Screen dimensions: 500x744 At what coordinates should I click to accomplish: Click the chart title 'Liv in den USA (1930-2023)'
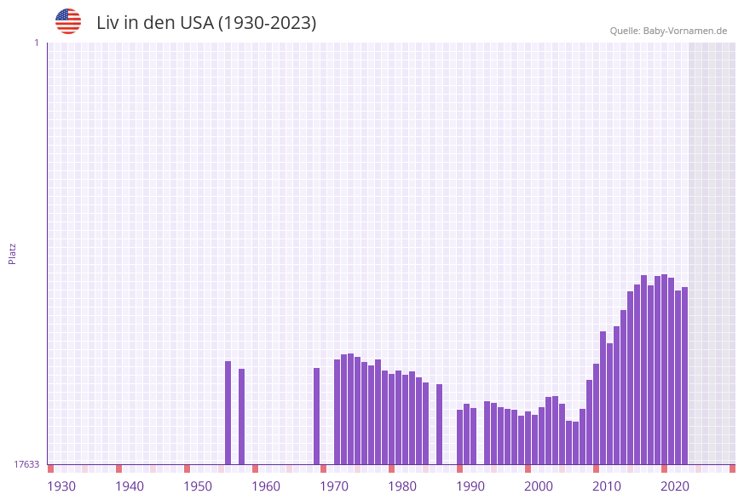(206, 23)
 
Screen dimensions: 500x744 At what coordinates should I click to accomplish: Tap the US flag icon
(68, 21)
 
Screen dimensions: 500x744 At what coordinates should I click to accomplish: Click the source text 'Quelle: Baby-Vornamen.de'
(668, 31)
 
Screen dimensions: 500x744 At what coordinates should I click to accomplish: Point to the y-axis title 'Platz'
(13, 253)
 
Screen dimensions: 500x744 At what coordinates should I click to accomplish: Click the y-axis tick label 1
(36, 43)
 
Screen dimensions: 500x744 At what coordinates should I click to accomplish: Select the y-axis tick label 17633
(26, 464)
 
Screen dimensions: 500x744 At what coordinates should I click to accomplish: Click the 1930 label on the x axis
(61, 486)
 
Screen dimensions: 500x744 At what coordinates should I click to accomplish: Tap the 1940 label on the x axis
(130, 486)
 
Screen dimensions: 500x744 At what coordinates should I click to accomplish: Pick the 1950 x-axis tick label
(198, 486)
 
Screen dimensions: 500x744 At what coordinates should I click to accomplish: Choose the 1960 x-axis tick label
(266, 486)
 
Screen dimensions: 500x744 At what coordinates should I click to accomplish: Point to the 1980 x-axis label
(402, 486)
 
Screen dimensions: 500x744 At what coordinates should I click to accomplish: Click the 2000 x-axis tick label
(539, 486)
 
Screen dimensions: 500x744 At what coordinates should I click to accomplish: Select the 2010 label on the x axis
(607, 486)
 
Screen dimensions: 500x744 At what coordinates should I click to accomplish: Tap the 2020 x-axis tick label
(675, 486)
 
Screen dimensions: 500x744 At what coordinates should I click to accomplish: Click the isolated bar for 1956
(228, 413)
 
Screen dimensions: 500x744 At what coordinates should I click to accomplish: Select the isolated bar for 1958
(242, 417)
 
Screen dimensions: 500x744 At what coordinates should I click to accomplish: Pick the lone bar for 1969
(317, 417)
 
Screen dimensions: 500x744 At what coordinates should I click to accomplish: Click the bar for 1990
(460, 437)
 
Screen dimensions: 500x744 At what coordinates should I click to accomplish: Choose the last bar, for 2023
(685, 376)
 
